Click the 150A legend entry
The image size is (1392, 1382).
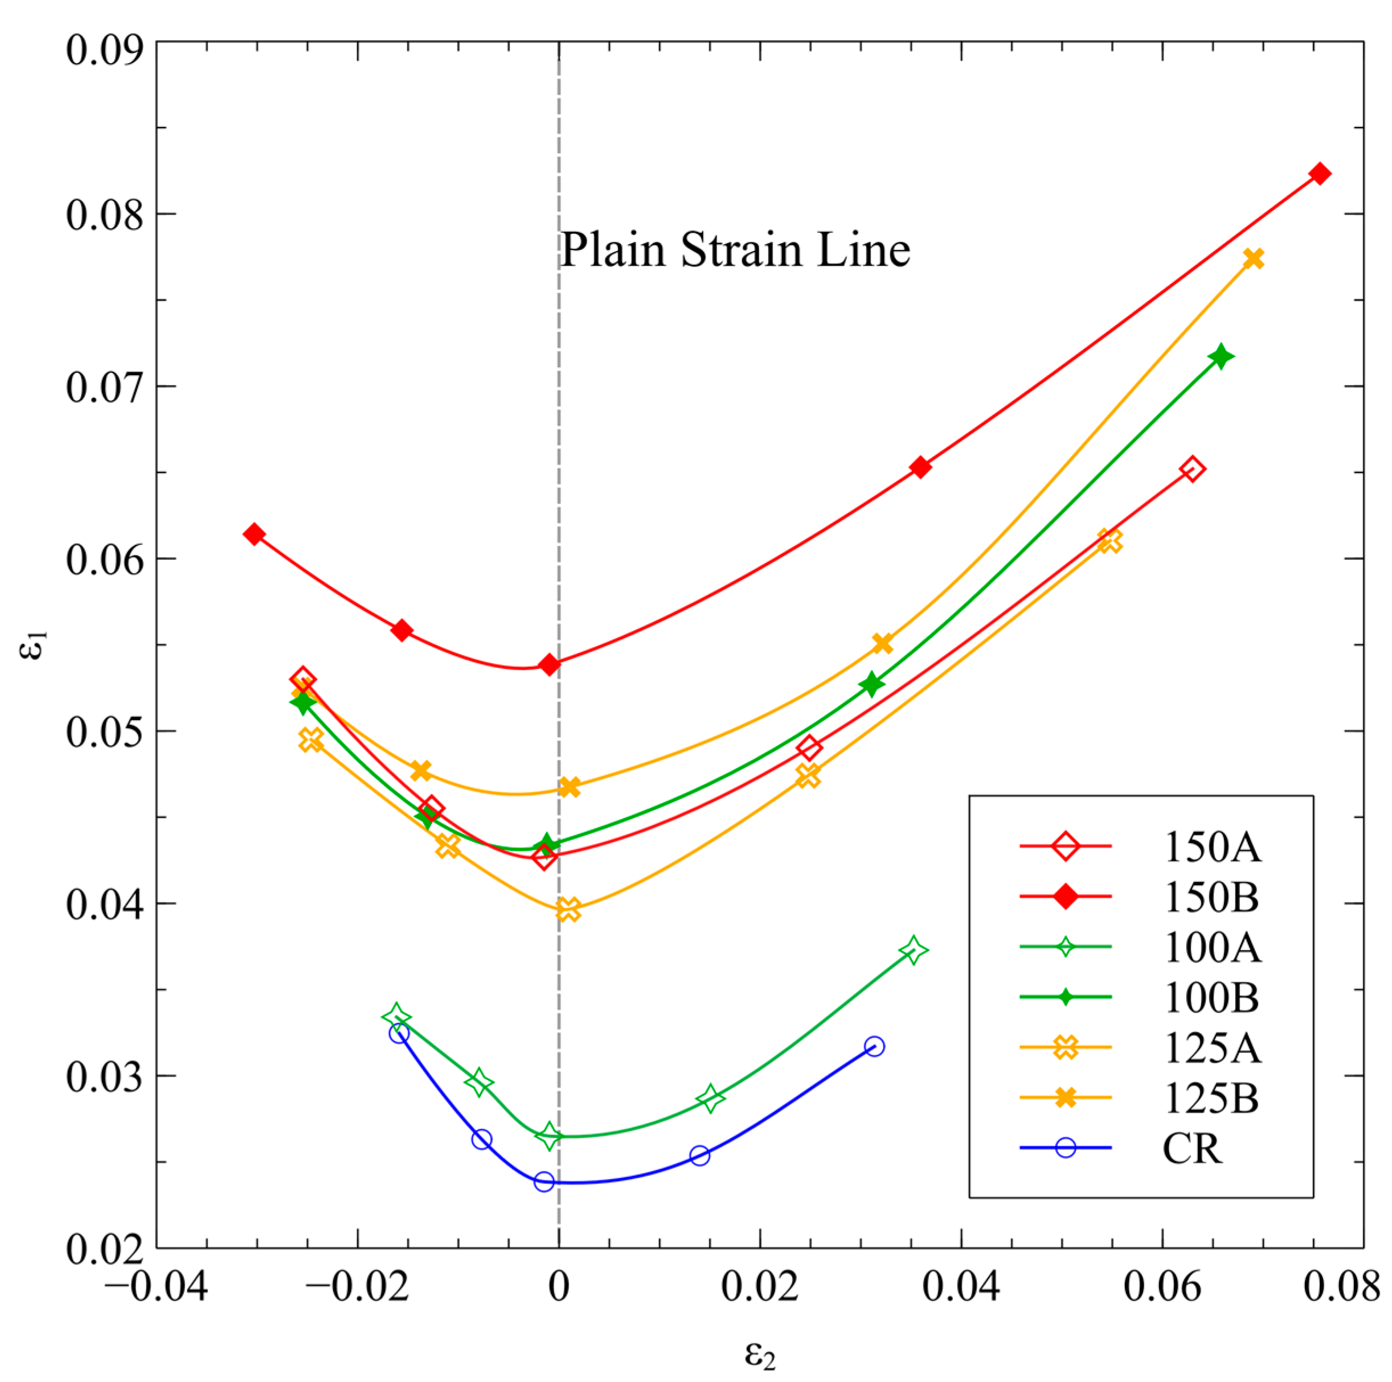[1211, 847]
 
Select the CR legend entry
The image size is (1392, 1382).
[1193, 1148]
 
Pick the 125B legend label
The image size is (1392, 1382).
[1211, 1097]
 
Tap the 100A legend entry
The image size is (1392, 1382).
[1211, 947]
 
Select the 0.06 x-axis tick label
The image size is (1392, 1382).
[1162, 1286]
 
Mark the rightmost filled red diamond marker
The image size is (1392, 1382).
[1319, 174]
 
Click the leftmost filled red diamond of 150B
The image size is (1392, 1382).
[253, 534]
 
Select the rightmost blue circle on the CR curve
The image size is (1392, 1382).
[874, 1046]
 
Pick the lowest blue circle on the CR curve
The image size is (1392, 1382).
[544, 1182]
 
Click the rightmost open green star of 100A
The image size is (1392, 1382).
[914, 951]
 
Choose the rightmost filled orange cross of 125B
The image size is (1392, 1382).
[1253, 258]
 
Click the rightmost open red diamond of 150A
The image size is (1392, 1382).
[1193, 469]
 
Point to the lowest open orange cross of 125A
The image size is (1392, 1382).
[568, 910]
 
